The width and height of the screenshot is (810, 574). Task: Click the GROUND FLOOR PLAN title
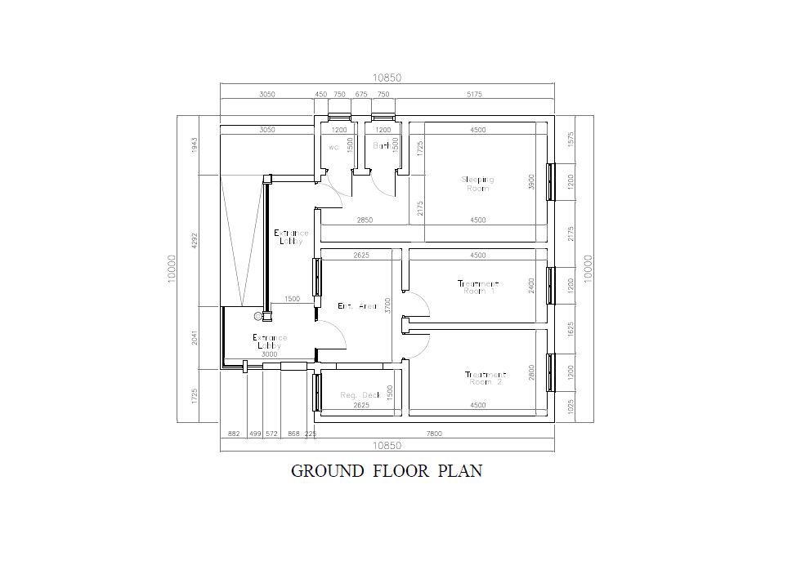coord(386,471)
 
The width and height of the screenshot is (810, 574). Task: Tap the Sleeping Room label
coord(478,184)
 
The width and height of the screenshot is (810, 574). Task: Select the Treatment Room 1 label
coord(478,287)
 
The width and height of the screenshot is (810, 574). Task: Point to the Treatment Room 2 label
coord(486,378)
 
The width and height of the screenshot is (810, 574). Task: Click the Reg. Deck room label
coord(360,395)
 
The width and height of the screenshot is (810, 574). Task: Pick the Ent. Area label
coord(357,306)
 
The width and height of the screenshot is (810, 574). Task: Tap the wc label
coord(333,148)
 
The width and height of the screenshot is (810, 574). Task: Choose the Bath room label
coord(382,146)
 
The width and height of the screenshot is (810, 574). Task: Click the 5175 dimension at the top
coord(474,95)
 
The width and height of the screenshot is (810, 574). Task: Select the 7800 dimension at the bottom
coord(434,434)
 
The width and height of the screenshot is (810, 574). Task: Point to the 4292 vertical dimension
coord(195,242)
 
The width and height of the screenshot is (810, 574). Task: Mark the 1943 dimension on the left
coord(195,145)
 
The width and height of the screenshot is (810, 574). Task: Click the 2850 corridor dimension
coord(365,220)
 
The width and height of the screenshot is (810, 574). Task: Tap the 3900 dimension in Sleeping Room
coord(531,181)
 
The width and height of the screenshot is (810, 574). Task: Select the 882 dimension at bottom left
coord(233,434)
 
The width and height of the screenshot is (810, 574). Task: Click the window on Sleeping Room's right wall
coord(551,181)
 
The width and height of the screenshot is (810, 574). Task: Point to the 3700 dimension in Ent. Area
coord(388,305)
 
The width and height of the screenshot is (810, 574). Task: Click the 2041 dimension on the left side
coord(195,337)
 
